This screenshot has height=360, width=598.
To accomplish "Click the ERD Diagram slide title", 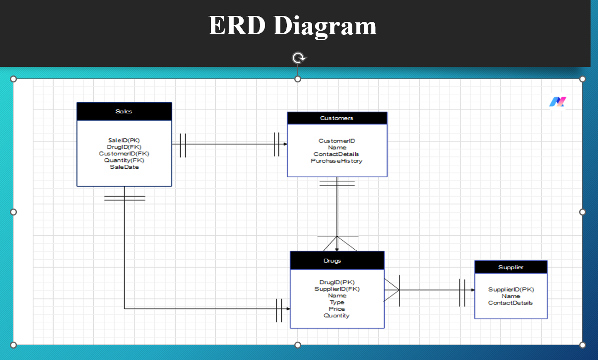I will [292, 26].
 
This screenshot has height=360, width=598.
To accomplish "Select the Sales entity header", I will [124, 112].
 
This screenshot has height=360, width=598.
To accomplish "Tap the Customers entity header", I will [336, 118].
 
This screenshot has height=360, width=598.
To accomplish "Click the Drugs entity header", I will [336, 261].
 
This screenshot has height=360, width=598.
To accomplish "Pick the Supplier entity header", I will [511, 267].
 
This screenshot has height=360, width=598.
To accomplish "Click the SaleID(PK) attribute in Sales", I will [124, 141].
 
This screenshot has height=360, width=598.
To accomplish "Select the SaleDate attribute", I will [124, 167].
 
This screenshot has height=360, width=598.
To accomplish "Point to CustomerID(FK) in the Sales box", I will [124, 154].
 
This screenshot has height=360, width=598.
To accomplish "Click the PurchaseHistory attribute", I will [336, 161].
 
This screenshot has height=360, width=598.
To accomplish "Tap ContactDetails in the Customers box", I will [336, 154].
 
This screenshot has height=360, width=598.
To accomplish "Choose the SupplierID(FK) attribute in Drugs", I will [337, 289].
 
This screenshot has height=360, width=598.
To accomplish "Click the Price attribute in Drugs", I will [337, 309].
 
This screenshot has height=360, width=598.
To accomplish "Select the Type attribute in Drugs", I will [337, 302].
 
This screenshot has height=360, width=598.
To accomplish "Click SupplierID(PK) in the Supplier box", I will [511, 289].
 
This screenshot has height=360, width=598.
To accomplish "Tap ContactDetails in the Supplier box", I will [511, 303].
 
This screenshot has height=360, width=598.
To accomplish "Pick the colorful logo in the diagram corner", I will [558, 102].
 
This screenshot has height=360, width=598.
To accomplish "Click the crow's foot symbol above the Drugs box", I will [337, 243].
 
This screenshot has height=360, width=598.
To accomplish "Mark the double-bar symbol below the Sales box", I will [124, 198].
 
